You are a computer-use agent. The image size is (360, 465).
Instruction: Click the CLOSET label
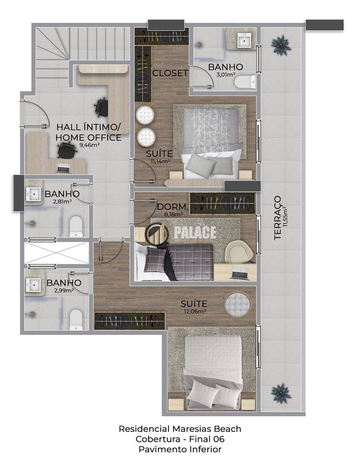click(170, 73)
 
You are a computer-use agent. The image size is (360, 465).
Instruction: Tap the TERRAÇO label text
click(277, 218)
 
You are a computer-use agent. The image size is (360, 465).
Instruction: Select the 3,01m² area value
click(226, 74)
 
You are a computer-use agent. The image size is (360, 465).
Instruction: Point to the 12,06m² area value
click(194, 312)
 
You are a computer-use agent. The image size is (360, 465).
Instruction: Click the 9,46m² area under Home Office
click(89, 145)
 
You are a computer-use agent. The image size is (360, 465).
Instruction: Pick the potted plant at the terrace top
click(281, 45)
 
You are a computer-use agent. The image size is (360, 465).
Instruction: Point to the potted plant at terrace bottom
click(281, 393)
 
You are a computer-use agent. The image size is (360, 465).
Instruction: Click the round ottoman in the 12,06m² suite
click(237, 304)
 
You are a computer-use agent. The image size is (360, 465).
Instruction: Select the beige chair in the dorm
click(239, 252)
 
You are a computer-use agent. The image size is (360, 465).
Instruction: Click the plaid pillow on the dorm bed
click(155, 259)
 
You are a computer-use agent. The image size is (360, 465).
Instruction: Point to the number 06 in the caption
click(219, 439)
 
